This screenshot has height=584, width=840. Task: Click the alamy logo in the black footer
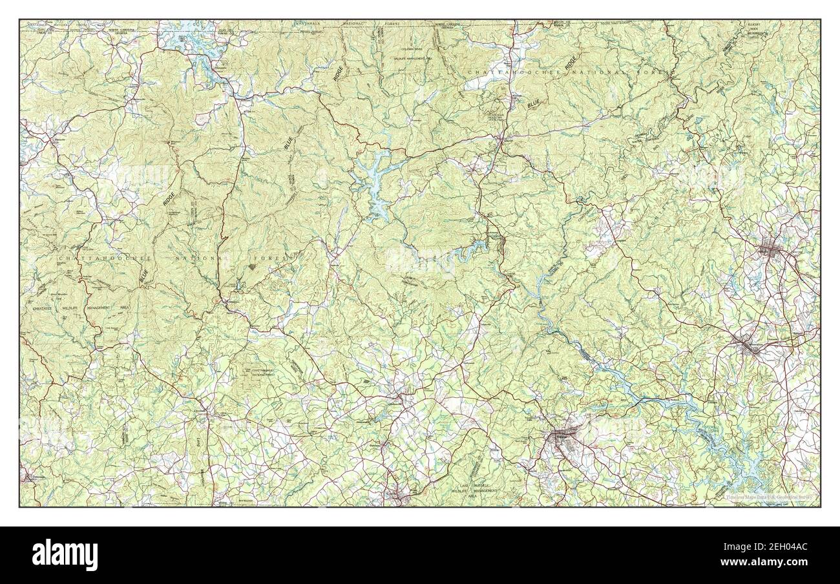pyautogui.click(x=65, y=554)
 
